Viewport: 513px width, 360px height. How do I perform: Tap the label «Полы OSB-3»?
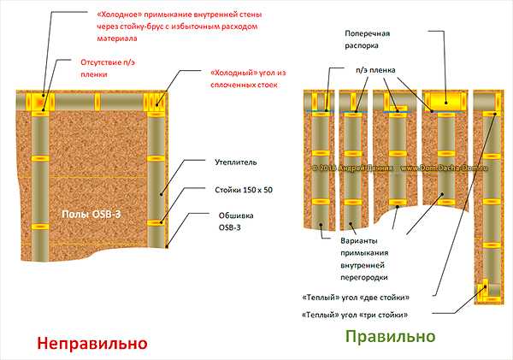[x=89, y=212]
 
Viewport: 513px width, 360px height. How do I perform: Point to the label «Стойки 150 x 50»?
[x=243, y=189]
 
